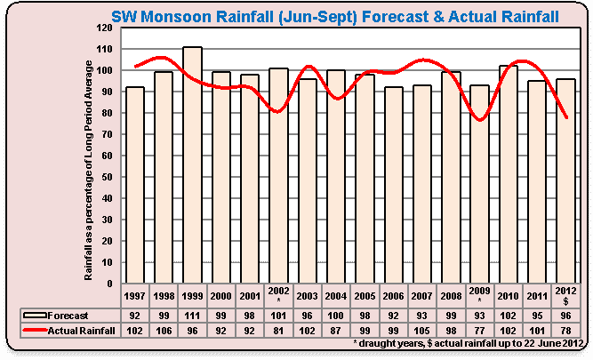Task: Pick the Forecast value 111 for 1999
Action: pos(192,314)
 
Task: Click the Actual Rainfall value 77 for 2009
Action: pos(479,328)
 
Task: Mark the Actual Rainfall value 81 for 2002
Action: pos(278,328)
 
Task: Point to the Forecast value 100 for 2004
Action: pos(335,314)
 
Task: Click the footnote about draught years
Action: pos(468,342)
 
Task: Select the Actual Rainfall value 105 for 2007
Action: pos(421,328)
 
